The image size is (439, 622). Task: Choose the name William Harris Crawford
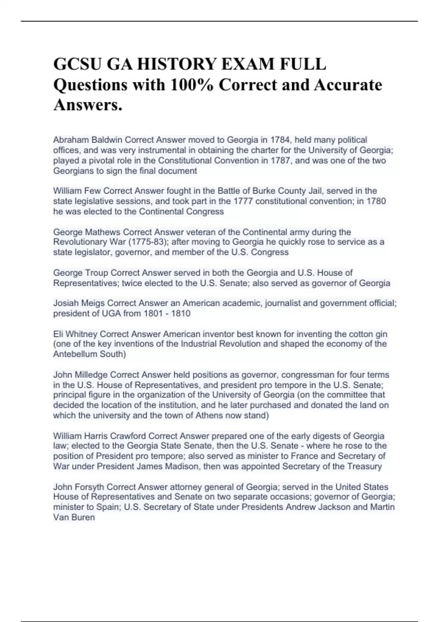coord(100,436)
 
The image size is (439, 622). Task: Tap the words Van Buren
coord(74,517)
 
